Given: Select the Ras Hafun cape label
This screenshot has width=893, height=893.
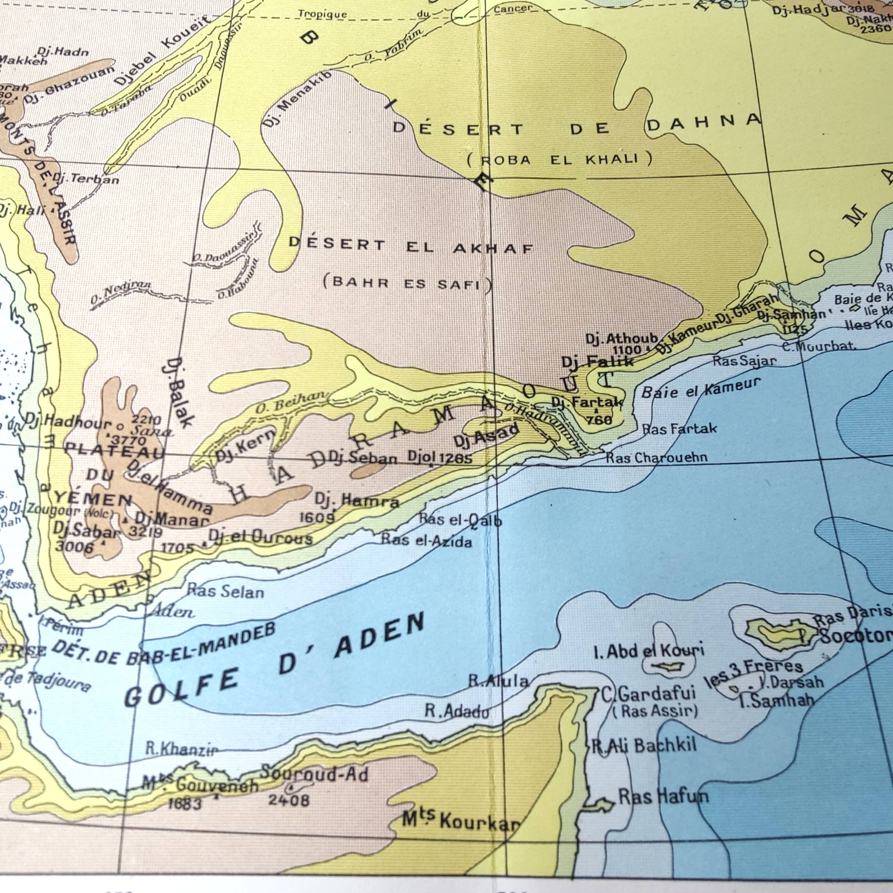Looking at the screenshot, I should coord(663,796).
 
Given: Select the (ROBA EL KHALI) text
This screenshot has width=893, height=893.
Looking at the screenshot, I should coord(559,160).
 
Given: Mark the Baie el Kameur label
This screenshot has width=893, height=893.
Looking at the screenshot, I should coord(700,389).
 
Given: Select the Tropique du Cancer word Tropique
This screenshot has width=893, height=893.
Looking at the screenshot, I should coord(322,14).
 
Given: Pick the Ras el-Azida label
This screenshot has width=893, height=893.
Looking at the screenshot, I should coord(426,540).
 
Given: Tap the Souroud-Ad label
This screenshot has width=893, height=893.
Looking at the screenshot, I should coord(314,773).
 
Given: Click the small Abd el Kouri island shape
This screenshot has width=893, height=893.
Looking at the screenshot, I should coord(668,667).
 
